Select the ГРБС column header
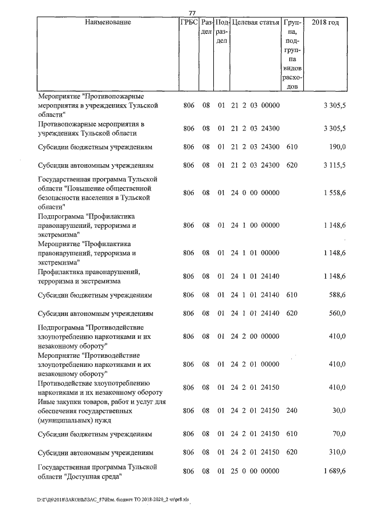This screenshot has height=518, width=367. [189, 22]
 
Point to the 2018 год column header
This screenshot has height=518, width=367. [325, 22]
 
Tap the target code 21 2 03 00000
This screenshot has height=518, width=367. [255, 105]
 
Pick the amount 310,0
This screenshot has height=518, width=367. [336, 452]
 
